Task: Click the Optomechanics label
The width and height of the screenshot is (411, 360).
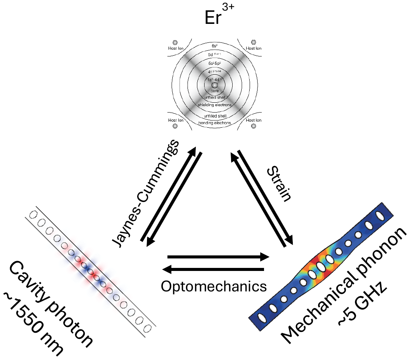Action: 213,286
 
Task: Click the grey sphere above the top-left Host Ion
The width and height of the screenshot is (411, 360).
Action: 175,42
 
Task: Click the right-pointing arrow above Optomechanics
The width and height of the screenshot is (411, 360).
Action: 218,257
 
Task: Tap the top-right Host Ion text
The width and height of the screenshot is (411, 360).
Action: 253,48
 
